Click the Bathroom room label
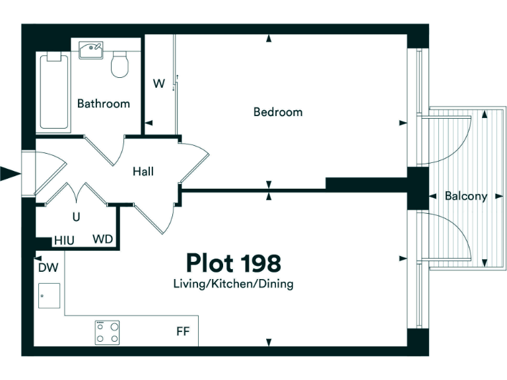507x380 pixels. coord(104,104)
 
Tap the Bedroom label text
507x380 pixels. coord(278,112)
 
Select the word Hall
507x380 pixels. coord(143,172)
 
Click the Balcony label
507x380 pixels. coord(465,196)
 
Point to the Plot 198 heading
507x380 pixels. coord(233,263)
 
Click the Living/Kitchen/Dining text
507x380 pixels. coord(233,284)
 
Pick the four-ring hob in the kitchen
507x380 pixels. coord(107,332)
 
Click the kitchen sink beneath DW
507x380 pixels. coord(49,296)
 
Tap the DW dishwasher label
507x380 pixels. coord(47,267)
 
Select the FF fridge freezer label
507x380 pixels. coord(183,331)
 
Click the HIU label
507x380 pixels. coord(64,240)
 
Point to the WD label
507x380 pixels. coord(102,239)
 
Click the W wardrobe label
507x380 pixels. coord(158,84)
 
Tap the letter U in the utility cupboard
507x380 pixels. coord(77,216)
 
